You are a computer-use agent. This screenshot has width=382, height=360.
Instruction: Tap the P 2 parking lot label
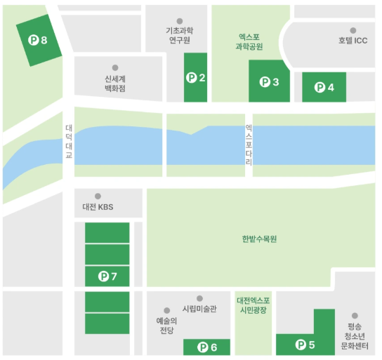pyautogui.click(x=196, y=78)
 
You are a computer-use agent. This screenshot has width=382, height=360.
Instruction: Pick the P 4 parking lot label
pyautogui.click(x=324, y=88)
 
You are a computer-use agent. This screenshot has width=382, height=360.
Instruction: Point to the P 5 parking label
pyautogui.click(x=305, y=345)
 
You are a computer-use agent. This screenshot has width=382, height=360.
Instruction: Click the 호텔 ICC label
pyautogui.click(x=353, y=41)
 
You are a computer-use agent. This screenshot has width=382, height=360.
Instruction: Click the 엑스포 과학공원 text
pyautogui.click(x=249, y=41)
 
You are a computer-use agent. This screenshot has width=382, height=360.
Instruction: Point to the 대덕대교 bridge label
pyautogui.click(x=69, y=141)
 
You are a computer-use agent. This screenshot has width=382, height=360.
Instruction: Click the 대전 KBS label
pyautogui.click(x=98, y=207)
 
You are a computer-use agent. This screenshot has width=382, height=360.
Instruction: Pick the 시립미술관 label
pyautogui.click(x=199, y=308)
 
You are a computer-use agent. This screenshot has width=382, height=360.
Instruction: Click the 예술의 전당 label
pyautogui.click(x=166, y=325)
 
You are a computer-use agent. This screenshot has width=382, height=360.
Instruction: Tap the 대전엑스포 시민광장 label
pyautogui.click(x=253, y=305)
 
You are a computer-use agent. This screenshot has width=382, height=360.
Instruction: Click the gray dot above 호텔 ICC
pyautogui.click(x=353, y=30)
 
